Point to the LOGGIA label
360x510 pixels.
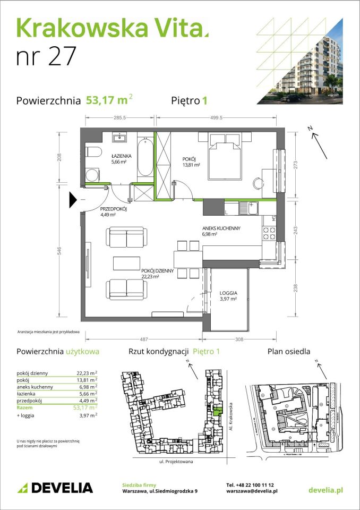tap(228, 293)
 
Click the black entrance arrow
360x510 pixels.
tap(73, 200)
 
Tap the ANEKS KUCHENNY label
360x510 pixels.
tap(221, 228)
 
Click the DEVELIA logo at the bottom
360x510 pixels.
tap(55, 488)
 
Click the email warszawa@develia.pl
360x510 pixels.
tap(252, 492)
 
